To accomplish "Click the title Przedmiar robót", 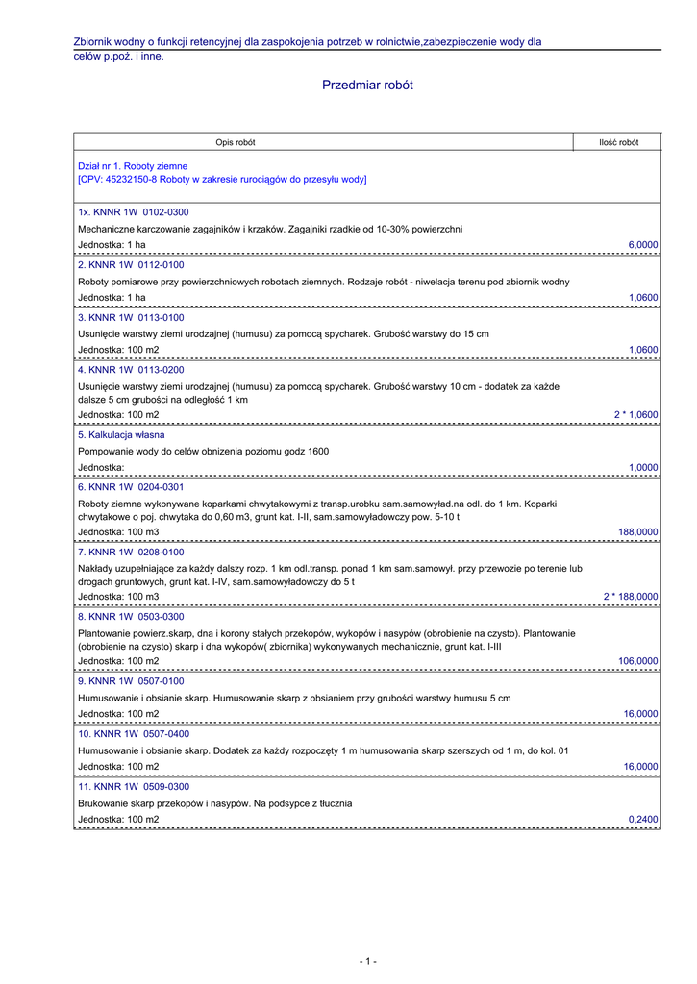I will click(x=367, y=86).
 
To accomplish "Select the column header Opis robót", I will click(x=236, y=142).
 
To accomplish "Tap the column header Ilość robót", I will click(x=618, y=142).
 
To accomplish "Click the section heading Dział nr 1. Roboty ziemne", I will click(x=133, y=166).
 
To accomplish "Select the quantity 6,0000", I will click(x=643, y=245).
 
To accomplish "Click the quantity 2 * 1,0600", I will click(x=636, y=415).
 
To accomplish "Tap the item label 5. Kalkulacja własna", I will click(x=122, y=434).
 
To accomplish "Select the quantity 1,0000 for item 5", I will click(x=643, y=467).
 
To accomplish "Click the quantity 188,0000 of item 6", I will click(x=638, y=531).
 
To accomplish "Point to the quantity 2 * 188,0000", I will click(x=631, y=597).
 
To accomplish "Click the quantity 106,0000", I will click(x=638, y=661).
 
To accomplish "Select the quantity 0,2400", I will click(x=643, y=820).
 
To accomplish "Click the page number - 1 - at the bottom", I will click(x=367, y=961).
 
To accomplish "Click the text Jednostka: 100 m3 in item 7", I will click(x=118, y=597).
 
